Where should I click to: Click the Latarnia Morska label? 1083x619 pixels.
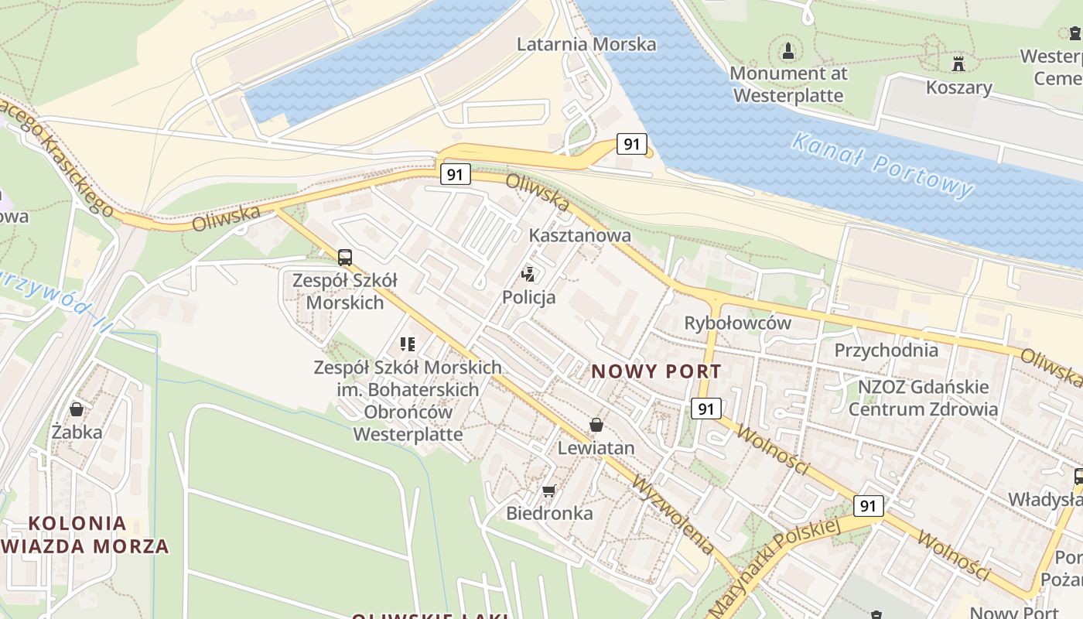tap(586, 44)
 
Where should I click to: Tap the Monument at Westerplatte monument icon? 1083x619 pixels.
tap(788, 52)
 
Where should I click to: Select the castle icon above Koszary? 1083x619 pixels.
tap(958, 63)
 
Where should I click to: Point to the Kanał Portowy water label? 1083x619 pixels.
tap(882, 165)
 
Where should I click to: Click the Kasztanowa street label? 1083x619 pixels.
tap(579, 235)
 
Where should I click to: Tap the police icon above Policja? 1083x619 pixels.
tap(529, 274)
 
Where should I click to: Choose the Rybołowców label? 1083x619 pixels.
tap(737, 323)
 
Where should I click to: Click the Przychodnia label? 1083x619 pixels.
tap(886, 351)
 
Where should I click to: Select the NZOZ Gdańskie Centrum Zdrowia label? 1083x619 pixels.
tap(923, 398)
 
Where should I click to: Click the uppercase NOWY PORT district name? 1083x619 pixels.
tap(656, 372)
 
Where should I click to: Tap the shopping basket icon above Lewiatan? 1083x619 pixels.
tap(596, 425)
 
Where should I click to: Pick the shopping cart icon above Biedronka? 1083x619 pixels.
tap(549, 491)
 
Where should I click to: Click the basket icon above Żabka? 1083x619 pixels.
tap(77, 409)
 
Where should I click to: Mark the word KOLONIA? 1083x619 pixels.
tap(77, 523)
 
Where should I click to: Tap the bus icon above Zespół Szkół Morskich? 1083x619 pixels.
tap(345, 258)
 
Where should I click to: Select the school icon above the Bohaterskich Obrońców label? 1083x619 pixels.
tap(408, 344)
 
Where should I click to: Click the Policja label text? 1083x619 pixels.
tap(529, 297)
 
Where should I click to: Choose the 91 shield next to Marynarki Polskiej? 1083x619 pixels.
tap(868, 506)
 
